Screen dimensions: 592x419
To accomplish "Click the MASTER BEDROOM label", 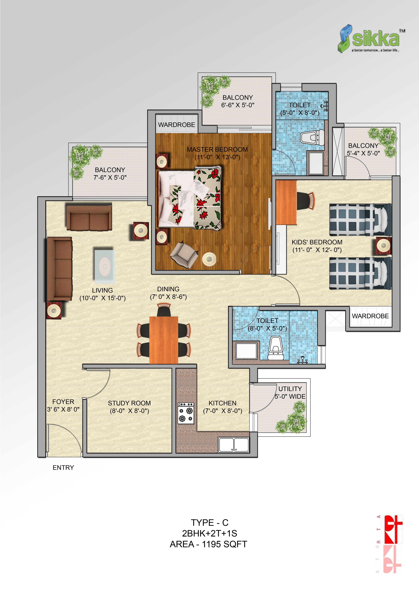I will pyautogui.click(x=217, y=150).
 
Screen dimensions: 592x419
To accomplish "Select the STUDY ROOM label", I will pyautogui.click(x=129, y=403).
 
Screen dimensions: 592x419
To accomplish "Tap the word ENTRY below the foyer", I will pyautogui.click(x=63, y=467).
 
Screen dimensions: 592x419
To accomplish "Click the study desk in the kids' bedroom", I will pyautogui.click(x=286, y=202).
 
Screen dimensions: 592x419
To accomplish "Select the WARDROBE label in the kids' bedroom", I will pyautogui.click(x=370, y=316).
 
